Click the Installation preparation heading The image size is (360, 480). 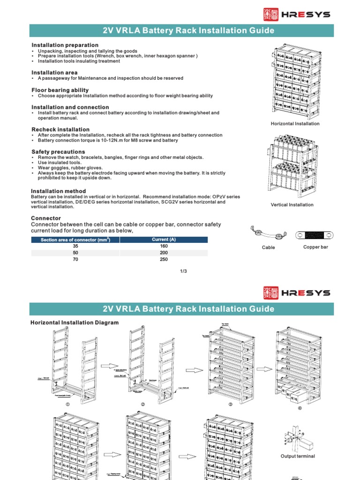65,45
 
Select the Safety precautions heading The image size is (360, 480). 58,152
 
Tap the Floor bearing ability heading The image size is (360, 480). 60,90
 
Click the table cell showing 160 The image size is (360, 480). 164,246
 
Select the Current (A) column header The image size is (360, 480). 164,240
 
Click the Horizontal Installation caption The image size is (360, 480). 295,124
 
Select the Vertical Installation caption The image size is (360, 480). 292,205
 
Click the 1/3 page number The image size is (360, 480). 183,271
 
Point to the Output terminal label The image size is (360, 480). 298,456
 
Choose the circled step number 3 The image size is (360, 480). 230,404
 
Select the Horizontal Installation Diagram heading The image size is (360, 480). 75,322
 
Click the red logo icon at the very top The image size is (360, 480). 271,15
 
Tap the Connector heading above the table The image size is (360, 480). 46,218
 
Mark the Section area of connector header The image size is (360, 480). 75,240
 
